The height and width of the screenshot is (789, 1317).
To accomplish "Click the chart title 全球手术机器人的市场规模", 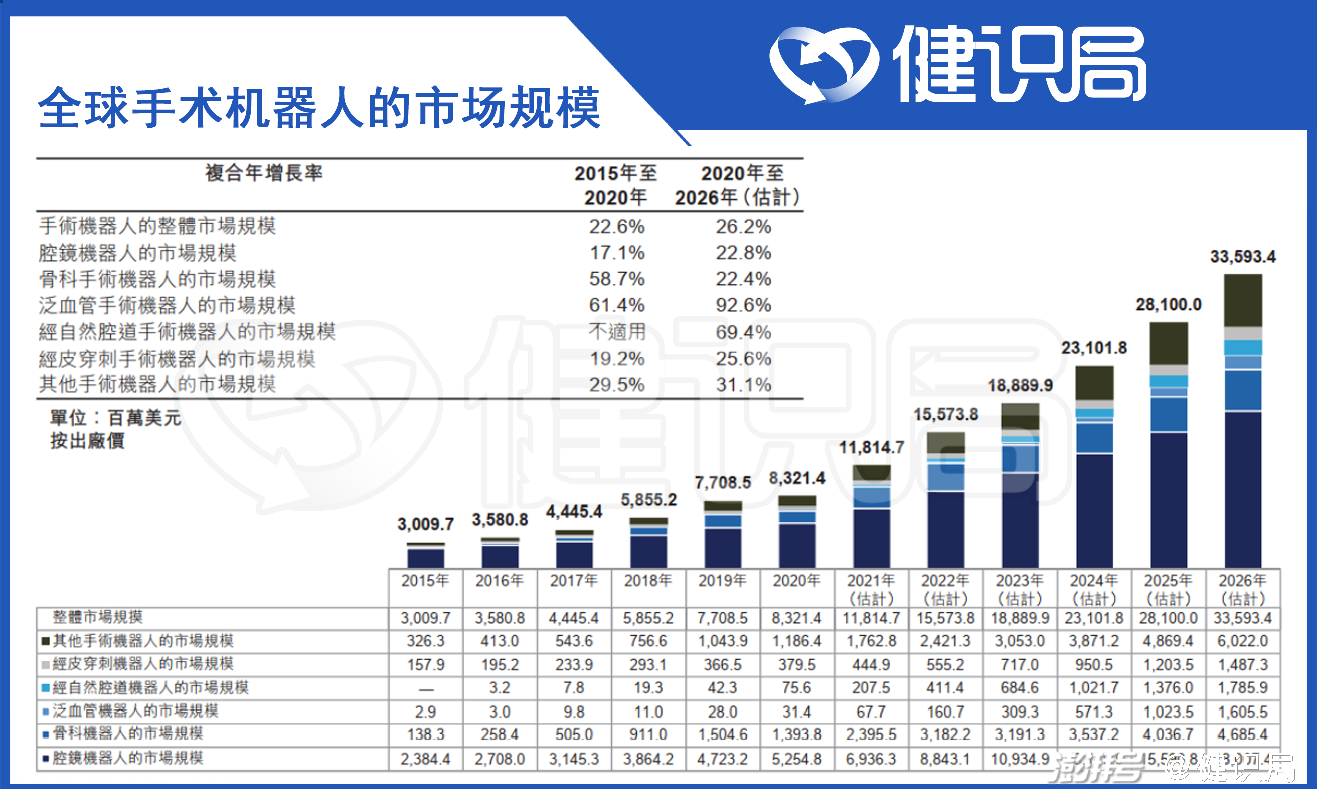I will click(319, 108).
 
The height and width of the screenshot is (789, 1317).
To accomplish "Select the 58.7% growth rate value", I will click(616, 279).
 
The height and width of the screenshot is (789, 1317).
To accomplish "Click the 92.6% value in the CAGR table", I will click(743, 305).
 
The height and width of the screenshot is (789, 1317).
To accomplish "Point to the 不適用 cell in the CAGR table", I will click(616, 332).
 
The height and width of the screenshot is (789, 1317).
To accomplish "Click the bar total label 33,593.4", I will click(1243, 257).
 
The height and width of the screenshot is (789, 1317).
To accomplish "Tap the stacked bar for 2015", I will click(425, 555).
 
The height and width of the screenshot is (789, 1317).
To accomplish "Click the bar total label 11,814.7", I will click(871, 448).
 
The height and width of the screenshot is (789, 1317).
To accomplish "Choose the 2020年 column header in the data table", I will click(797, 581).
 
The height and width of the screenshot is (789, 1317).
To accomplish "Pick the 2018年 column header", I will click(648, 581).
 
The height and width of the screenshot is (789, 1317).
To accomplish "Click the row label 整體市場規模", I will click(98, 617).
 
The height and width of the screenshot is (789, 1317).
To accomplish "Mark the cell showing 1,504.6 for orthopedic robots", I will click(722, 735).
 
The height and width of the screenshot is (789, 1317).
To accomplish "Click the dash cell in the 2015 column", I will click(425, 689).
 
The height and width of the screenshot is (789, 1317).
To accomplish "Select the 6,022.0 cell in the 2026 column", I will click(1243, 641).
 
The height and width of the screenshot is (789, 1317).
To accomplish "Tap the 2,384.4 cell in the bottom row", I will click(425, 759).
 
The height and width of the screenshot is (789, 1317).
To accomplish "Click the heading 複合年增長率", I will click(264, 173).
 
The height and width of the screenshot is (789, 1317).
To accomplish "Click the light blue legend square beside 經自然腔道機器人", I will click(46, 688).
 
